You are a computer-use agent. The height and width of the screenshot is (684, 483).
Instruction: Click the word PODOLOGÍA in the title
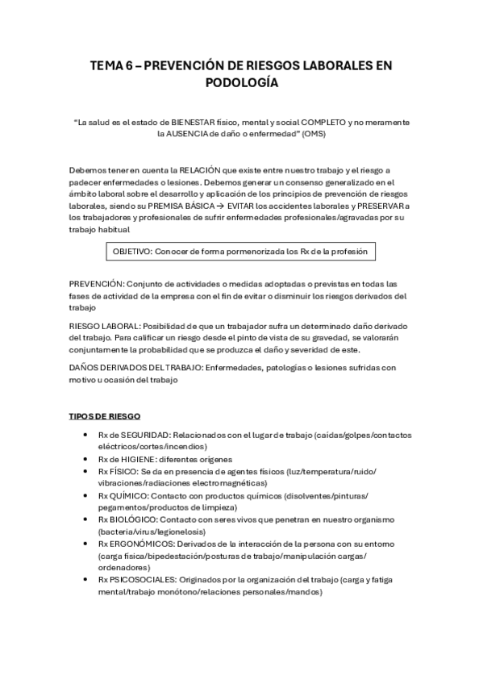point(241,82)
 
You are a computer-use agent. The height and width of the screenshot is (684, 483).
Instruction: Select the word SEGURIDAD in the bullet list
point(146,435)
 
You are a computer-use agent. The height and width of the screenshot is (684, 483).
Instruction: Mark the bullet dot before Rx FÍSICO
point(86,471)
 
